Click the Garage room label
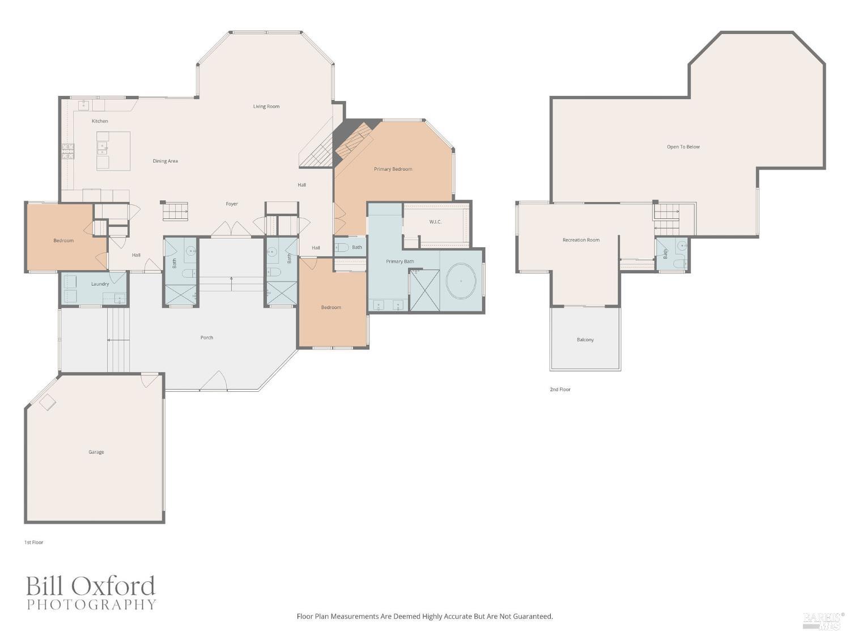[96, 452]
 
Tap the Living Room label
[266, 107]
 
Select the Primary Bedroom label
[393, 169]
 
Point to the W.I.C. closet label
[435, 222]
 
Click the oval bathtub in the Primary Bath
[461, 281]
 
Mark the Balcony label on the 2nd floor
[585, 340]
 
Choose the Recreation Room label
[581, 240]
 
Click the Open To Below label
[683, 147]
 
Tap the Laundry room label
[100, 284]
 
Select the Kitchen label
[100, 121]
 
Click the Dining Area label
[165, 161]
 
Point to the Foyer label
[232, 204]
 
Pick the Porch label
[207, 337]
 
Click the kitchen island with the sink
[113, 151]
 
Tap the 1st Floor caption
[33, 543]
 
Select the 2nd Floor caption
[560, 390]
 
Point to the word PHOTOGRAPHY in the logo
[91, 605]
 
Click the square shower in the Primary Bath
[424, 290]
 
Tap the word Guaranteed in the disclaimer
[532, 616]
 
